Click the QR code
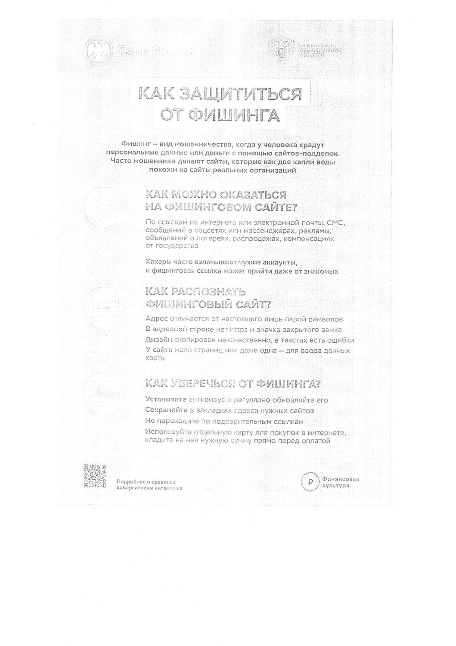click(x=95, y=476)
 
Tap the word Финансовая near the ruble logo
click(x=340, y=479)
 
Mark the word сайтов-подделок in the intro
click(x=312, y=153)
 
